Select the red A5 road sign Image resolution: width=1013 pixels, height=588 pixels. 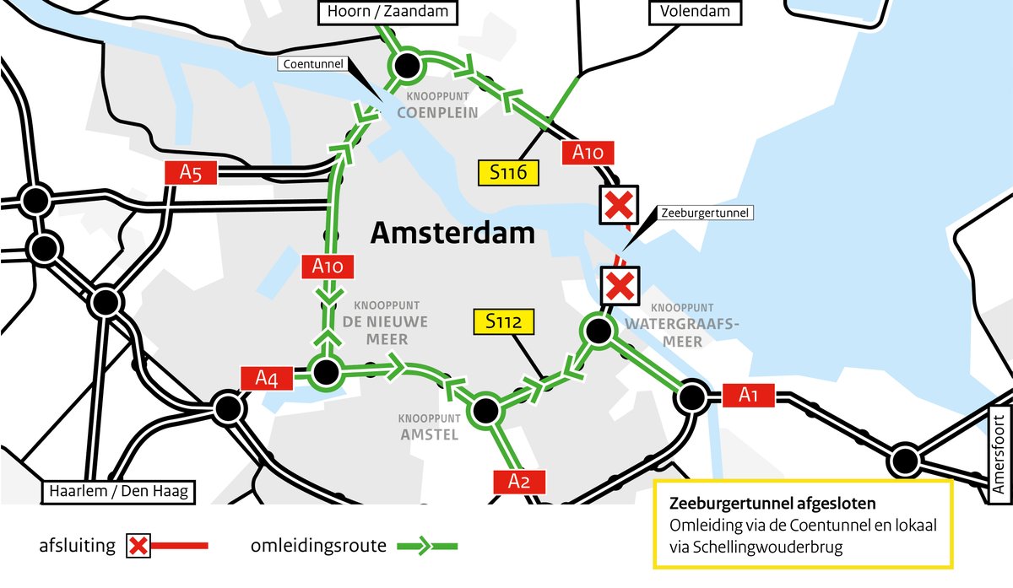coord(191,173)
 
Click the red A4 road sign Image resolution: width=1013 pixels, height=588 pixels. coord(267,379)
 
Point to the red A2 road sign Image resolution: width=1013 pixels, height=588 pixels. coord(519,482)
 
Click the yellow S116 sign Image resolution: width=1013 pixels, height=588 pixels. coord(507,172)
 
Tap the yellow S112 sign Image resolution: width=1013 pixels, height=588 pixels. coord(504,321)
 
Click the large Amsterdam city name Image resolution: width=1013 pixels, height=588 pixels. coord(452,233)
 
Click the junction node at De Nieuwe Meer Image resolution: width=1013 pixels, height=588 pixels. coord(325,370)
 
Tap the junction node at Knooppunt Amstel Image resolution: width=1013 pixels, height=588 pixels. coord(485,411)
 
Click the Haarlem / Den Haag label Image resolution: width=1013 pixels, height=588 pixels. coord(119,491)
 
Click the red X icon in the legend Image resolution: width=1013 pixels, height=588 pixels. coord(138,547)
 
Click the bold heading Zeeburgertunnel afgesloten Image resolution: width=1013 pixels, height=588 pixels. coord(772,504)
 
